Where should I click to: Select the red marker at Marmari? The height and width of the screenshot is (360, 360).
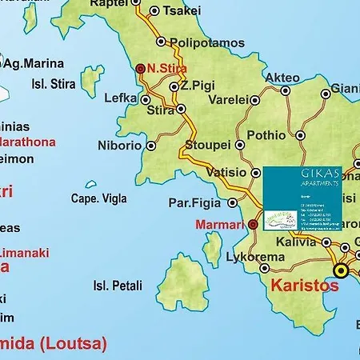click(x=253, y=225)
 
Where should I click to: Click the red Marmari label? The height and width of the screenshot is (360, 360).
click(x=219, y=225)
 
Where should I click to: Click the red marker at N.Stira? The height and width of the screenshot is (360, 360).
click(x=141, y=69)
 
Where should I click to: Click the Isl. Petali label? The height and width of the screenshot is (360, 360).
click(x=118, y=285)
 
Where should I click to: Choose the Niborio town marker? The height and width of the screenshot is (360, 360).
click(x=152, y=146)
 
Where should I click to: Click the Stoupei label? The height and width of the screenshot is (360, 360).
click(x=207, y=145)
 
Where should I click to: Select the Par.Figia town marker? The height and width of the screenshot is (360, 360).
click(x=232, y=202)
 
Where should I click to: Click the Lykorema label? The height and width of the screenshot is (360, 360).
click(x=255, y=257)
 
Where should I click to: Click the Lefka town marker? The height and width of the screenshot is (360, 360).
click(x=146, y=100)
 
